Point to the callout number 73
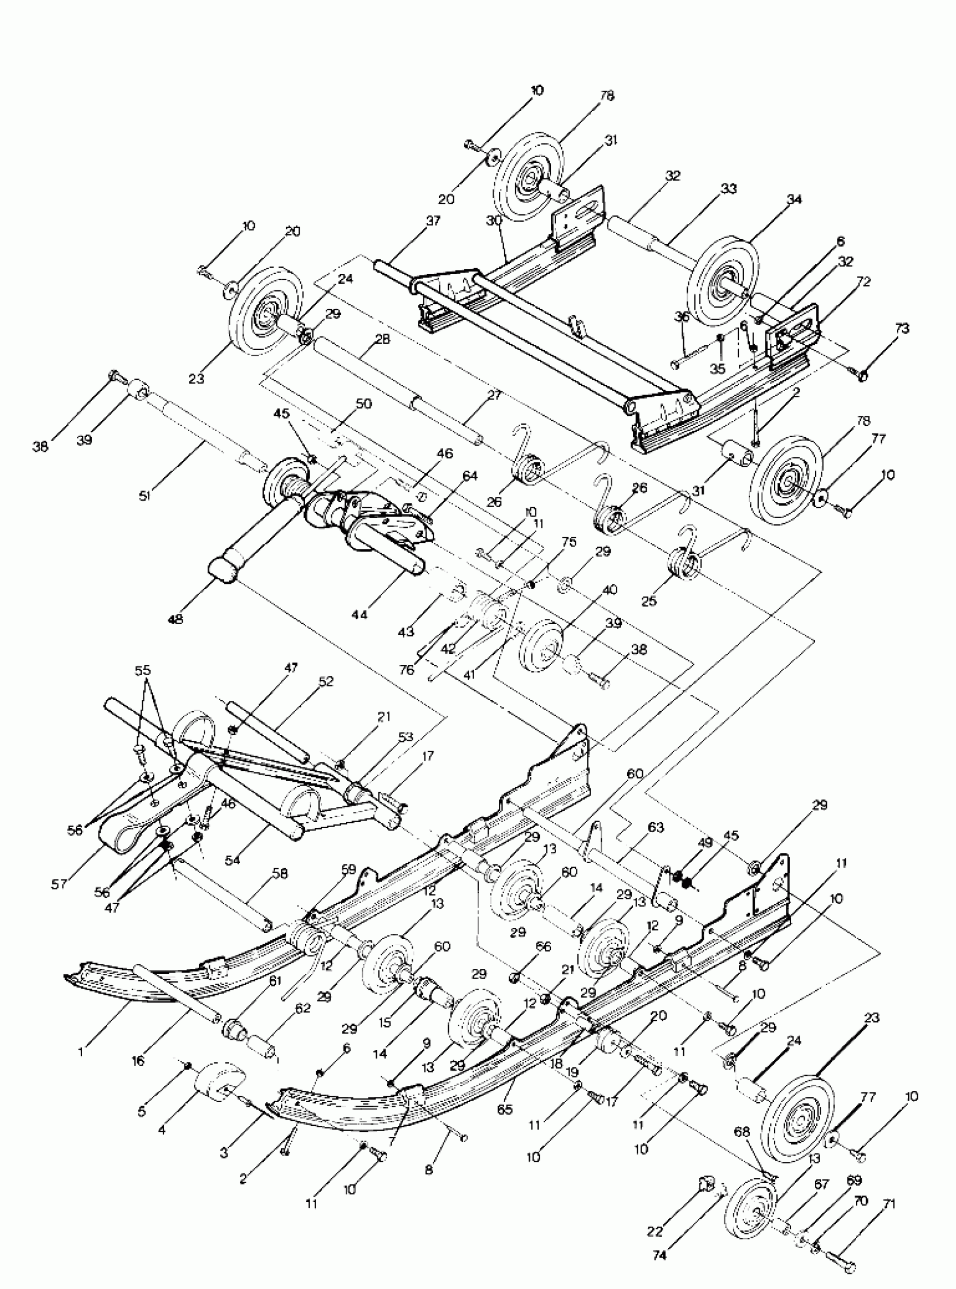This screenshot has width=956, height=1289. (x=902, y=329)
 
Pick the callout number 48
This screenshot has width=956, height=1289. (x=175, y=619)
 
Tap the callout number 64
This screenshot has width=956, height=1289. (x=470, y=475)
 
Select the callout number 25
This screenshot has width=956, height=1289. (x=650, y=600)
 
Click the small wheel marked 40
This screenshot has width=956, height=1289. (x=542, y=645)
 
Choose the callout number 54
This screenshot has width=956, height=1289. (x=233, y=860)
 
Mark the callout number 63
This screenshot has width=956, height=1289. (x=656, y=828)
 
